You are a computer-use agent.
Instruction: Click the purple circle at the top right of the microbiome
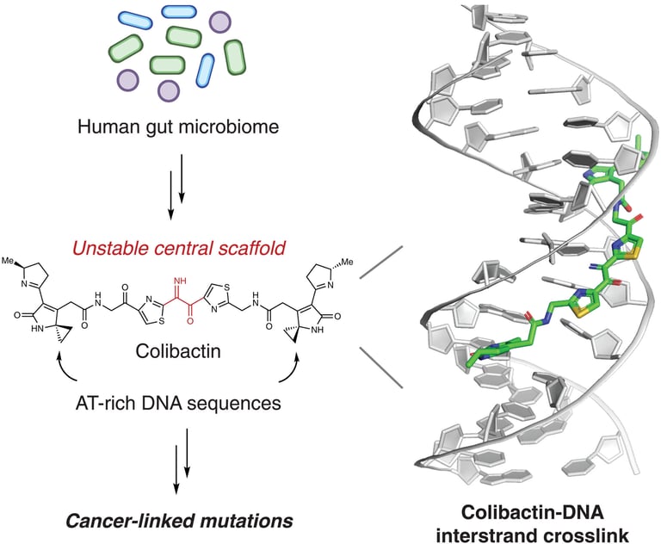221,22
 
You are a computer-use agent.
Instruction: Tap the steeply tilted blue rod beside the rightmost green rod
207,70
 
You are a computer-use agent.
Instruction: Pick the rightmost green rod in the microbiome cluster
235,56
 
